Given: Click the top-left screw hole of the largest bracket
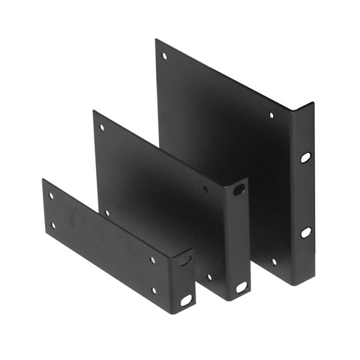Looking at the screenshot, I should (164, 55).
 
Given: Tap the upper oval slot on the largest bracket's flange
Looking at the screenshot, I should (305, 157).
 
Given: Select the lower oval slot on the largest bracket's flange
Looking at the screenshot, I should (306, 232).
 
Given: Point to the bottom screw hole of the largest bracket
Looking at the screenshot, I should (274, 262).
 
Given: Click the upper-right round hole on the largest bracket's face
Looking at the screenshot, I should (271, 115).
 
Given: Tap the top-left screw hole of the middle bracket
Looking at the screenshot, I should (102, 127).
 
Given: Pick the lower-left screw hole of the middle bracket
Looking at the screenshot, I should (107, 212).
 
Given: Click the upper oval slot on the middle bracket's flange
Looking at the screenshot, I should (238, 190).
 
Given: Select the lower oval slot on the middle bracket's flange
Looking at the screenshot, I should (241, 286).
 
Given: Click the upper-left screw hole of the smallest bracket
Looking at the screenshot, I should (51, 196).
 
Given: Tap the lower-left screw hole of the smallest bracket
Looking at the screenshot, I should (52, 224).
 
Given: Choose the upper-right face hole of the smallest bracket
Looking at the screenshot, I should (153, 259).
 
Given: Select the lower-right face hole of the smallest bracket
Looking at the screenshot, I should (154, 289).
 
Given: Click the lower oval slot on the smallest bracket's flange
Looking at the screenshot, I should (185, 300).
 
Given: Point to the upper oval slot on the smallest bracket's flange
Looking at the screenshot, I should (185, 259).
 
